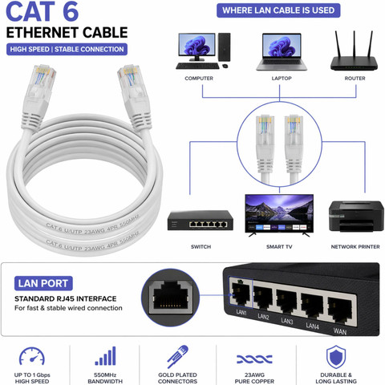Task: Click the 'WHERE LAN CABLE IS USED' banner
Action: [x=278, y=10]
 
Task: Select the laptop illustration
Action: [x=282, y=51]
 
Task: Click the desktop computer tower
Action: [x=224, y=47]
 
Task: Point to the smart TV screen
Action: [x=279, y=213]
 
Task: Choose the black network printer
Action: [x=356, y=216]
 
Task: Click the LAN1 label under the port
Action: [x=241, y=312]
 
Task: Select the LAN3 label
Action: [x=287, y=321]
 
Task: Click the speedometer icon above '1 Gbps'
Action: [x=32, y=356]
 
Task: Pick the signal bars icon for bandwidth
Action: [x=105, y=356]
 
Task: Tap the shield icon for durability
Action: [x=336, y=357]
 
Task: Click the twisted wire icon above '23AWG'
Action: [x=254, y=359]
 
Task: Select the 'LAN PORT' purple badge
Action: [x=43, y=283]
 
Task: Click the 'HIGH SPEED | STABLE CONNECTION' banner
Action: [x=67, y=49]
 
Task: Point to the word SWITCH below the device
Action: [x=201, y=247]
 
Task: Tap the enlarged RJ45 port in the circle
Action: [x=170, y=298]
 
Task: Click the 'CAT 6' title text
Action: [x=42, y=11]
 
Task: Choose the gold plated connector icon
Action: [x=177, y=356]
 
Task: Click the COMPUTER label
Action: [x=199, y=79]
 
